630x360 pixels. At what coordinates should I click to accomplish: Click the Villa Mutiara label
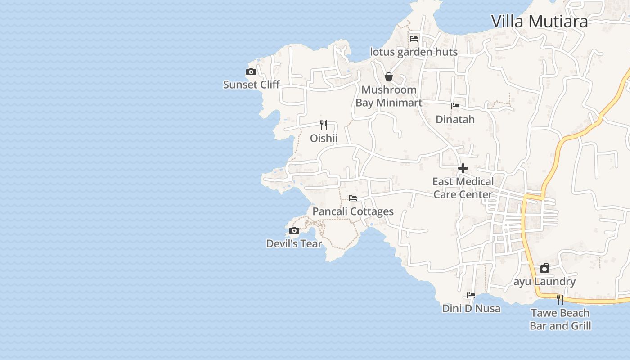(x=539, y=21)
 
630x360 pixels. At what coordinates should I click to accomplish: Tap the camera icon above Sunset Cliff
(x=251, y=72)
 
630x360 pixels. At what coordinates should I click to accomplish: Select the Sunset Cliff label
(x=252, y=85)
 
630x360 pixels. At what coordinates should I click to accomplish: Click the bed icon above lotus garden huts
(x=414, y=39)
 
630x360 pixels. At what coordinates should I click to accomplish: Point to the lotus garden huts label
(x=414, y=52)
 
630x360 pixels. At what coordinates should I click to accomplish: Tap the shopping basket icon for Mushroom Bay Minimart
(x=389, y=76)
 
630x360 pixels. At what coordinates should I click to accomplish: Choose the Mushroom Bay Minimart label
(x=389, y=96)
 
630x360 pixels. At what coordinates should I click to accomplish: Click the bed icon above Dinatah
(x=455, y=106)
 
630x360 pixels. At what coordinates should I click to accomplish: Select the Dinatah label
(x=455, y=119)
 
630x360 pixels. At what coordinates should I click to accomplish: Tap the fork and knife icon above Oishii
(x=324, y=125)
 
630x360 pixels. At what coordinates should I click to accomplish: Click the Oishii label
(x=324, y=138)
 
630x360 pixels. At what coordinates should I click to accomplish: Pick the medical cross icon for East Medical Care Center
(x=463, y=169)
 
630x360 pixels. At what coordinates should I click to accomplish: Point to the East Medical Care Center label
(x=463, y=188)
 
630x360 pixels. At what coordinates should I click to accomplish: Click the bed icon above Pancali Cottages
(x=353, y=198)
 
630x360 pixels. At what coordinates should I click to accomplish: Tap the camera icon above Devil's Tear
(x=294, y=231)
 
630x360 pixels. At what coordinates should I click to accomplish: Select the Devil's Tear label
(x=294, y=244)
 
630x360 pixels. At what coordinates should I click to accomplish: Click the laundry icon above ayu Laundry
(x=544, y=269)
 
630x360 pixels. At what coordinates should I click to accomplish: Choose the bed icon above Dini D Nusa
(x=471, y=295)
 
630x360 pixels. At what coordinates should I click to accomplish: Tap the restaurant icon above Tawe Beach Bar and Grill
(x=560, y=299)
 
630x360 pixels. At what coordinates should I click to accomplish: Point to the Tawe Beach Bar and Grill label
(x=560, y=319)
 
